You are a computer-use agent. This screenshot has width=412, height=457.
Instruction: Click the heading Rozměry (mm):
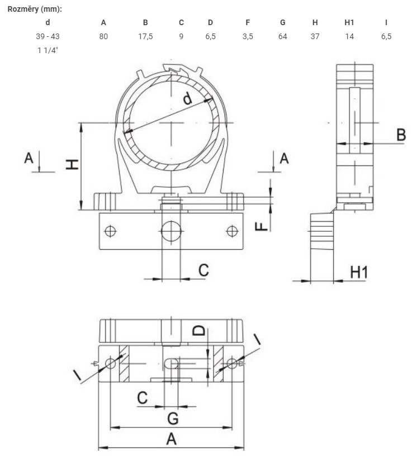(x=35, y=9)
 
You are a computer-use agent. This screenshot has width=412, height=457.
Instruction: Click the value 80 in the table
(x=103, y=36)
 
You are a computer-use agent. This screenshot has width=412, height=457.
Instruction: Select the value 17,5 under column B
(x=145, y=37)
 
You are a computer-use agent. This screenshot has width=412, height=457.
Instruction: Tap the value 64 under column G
(x=282, y=36)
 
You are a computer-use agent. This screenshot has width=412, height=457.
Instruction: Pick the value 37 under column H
(x=315, y=36)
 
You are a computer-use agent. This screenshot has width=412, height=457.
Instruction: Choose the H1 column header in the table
(x=349, y=22)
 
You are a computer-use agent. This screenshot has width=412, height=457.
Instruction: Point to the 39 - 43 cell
(x=48, y=36)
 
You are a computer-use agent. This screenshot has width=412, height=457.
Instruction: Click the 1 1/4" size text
(x=48, y=50)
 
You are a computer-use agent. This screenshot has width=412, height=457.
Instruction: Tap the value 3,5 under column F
(x=248, y=37)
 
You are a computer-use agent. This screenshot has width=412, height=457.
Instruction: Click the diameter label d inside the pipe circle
(x=187, y=98)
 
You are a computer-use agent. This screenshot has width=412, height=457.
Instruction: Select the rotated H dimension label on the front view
(x=72, y=164)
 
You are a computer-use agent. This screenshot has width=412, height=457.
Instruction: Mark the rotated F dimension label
(x=261, y=226)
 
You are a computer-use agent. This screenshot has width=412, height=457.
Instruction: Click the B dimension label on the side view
(x=401, y=135)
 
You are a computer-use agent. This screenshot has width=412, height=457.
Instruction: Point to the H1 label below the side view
(x=359, y=272)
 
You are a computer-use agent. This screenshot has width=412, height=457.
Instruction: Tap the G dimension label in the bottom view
(x=173, y=418)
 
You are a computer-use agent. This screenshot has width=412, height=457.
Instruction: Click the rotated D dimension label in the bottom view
(x=200, y=331)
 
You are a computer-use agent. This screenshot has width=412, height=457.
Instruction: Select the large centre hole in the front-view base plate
(x=171, y=231)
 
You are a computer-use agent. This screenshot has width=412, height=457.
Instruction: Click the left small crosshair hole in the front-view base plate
(x=110, y=231)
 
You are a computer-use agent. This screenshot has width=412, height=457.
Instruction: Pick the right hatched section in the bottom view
(x=219, y=364)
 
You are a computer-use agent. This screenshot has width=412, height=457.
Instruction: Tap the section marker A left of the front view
(x=29, y=158)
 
